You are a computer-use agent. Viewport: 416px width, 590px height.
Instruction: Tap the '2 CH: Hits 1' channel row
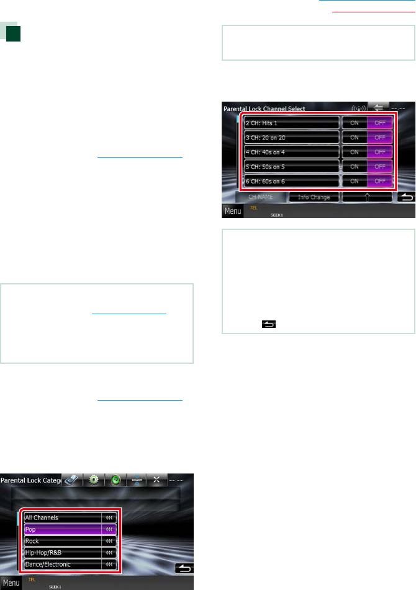[291, 122]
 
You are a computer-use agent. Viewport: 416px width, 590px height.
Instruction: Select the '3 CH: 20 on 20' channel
[291, 137]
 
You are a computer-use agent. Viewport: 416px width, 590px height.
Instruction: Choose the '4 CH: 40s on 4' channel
[291, 152]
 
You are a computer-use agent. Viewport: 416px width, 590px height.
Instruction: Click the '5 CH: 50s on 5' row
[291, 166]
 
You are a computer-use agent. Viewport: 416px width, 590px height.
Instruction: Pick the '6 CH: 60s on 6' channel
[291, 181]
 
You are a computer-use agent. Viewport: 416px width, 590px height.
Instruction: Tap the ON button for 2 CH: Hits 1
[355, 122]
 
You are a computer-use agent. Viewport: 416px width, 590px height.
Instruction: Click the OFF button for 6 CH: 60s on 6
[380, 181]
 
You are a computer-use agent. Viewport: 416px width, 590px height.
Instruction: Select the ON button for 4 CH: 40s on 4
[355, 152]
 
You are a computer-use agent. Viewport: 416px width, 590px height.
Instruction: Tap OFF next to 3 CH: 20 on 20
[380, 137]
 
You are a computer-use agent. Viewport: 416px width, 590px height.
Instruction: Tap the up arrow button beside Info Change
[368, 197]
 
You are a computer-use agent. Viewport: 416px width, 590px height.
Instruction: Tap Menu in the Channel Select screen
[233, 211]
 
